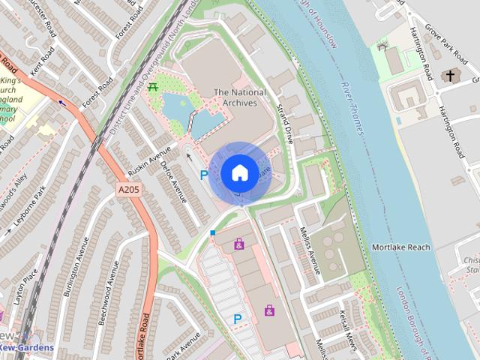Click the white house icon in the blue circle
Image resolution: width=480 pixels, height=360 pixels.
pos(238,172)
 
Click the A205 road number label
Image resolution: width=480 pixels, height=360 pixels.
pos(130,191)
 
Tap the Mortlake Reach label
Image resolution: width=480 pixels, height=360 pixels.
pos(401,247)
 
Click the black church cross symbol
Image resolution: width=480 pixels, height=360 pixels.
pos(449,75)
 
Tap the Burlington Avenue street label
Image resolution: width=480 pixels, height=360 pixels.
pos(76,267)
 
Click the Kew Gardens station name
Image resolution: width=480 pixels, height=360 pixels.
pos(26,348)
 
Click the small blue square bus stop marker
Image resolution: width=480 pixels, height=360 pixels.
pos(212,233)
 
